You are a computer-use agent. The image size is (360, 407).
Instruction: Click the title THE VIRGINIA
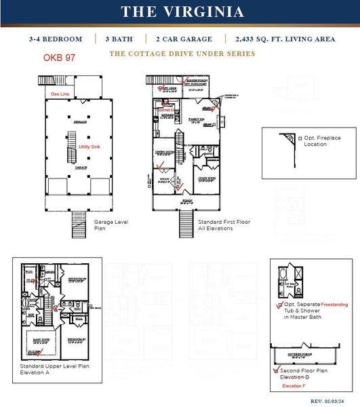(x=182, y=12)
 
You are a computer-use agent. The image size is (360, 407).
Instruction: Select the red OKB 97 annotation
(x=59, y=58)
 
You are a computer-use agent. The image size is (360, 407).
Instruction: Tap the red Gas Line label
(x=60, y=94)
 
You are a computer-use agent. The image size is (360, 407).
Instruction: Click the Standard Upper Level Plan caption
(x=54, y=370)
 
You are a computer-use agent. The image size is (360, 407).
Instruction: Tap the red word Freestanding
(x=334, y=305)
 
